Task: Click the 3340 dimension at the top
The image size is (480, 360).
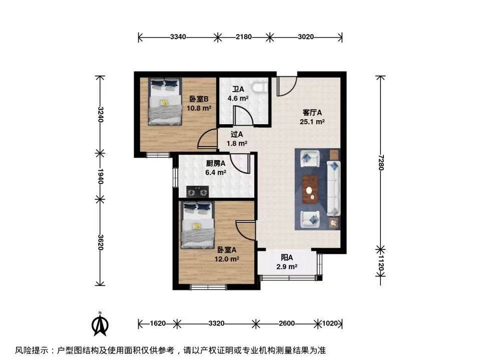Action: click(x=178, y=37)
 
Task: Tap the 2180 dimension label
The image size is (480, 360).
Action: click(x=244, y=37)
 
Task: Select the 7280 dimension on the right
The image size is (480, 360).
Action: click(x=380, y=162)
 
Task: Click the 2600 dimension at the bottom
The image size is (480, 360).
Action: click(x=287, y=323)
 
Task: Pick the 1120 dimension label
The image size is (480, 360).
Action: click(x=380, y=263)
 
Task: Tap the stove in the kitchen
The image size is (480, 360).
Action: click(x=197, y=192)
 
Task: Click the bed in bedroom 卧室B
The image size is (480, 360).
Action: click(x=165, y=101)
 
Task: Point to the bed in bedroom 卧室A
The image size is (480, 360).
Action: click(x=197, y=225)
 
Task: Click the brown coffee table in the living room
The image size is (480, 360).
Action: click(x=310, y=189)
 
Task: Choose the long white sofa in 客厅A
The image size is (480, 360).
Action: click(x=334, y=188)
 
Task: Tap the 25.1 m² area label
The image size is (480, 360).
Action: click(x=312, y=122)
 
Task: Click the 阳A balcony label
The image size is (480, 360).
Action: click(x=287, y=258)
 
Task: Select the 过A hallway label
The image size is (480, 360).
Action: click(x=237, y=134)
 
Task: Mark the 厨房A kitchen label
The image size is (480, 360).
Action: click(x=216, y=163)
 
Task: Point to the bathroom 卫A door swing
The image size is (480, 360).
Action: click(x=243, y=116)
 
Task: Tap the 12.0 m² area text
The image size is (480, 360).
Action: click(x=227, y=259)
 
